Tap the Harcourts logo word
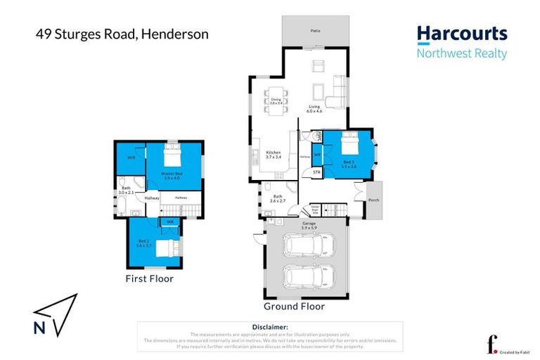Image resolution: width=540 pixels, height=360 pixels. click(x=461, y=34)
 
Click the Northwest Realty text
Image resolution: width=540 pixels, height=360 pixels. click(x=461, y=53)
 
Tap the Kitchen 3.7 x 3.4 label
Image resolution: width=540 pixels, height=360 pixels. click(x=274, y=155)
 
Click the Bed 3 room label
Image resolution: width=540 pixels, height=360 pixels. click(x=349, y=164)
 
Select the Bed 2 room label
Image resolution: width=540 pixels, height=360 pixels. click(x=143, y=245)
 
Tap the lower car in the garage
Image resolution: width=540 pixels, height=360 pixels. click(x=306, y=276)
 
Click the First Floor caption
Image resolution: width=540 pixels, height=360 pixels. click(x=149, y=278)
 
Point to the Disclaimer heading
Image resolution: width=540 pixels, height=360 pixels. click(x=270, y=328)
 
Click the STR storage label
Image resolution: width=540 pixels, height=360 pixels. click(x=316, y=172)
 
